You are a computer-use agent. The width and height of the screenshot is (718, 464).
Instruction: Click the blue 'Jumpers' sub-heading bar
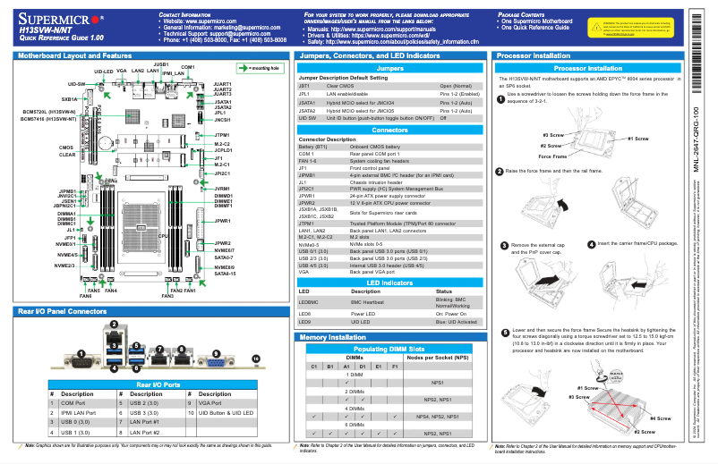coord(390,68)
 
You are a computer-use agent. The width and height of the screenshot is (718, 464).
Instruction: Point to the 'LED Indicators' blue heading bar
coord(390,282)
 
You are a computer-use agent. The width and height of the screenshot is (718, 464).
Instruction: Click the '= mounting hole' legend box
coord(260,67)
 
